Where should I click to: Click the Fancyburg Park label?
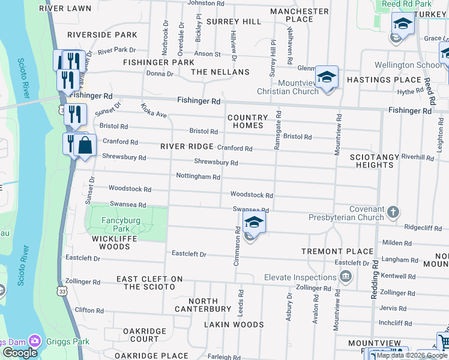pos(121,224)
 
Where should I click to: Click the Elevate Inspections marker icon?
pos(345,277)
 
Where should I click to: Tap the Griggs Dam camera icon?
pos(35,341)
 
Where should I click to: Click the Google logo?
pos(19,353)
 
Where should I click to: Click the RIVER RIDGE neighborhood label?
pos(187,146)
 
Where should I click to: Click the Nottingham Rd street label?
pos(198,176)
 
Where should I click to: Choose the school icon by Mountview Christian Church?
pos(327,77)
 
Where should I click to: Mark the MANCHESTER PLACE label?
pos(299,15)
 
